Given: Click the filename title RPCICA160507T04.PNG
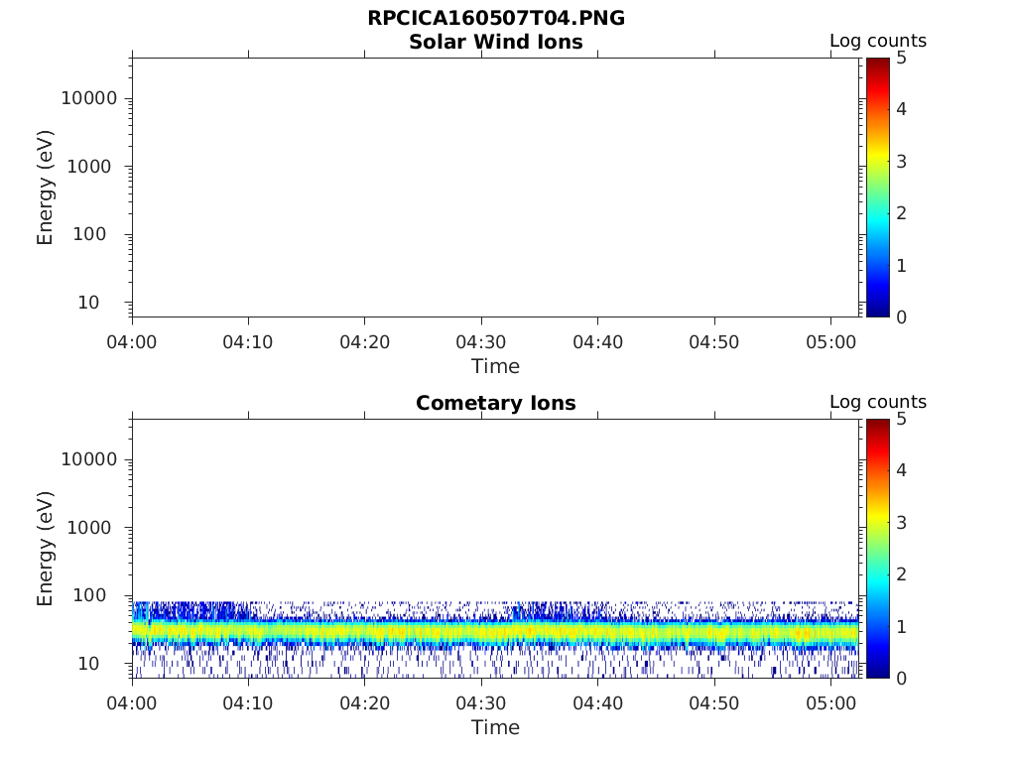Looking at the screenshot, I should point(495,18).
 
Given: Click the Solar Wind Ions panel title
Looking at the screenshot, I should point(495,42).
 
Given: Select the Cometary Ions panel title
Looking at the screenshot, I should point(495,403).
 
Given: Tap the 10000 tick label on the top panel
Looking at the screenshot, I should point(89,98).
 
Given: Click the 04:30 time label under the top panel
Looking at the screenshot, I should point(481,342).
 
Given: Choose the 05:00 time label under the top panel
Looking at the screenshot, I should point(830,342).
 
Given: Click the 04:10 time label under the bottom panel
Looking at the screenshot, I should point(248,703).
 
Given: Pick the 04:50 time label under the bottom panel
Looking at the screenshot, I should point(714,703).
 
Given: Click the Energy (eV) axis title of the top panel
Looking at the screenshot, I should point(46,187).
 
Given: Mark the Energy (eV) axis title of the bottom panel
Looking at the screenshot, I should point(46,548).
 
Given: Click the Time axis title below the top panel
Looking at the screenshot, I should point(495,366).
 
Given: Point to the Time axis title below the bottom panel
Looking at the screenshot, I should point(495,727).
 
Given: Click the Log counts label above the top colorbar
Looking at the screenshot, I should point(877,41).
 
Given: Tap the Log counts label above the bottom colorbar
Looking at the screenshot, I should point(877,402).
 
